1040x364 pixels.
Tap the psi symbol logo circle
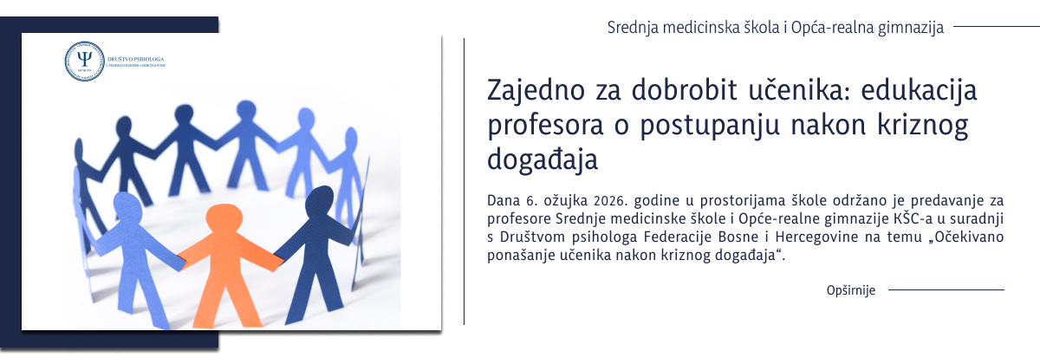click(84, 61)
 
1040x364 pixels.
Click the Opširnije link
click(851, 290)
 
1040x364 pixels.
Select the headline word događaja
click(544, 161)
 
